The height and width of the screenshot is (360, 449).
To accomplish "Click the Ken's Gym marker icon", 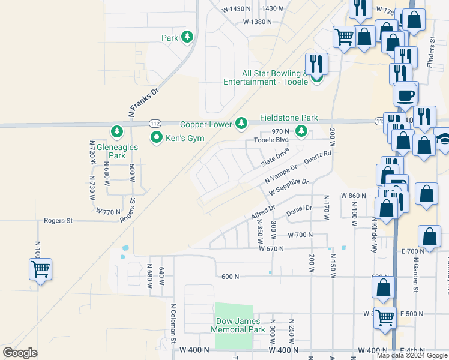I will pos(157,138).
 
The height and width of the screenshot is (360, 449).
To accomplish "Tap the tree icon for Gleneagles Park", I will pos(117,131).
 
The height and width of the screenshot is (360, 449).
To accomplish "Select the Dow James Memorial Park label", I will pos(239,326).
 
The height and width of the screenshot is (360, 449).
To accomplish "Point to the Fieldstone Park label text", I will pos(289,118).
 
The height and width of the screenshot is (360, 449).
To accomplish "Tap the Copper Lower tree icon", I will pos(241,124).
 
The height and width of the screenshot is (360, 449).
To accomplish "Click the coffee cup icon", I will pos(405,95).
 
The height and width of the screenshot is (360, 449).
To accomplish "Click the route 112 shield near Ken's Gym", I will pos(154,123).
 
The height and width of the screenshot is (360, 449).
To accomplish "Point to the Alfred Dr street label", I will pos(263,212).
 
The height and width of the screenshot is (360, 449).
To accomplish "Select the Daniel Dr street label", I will pos(299,210).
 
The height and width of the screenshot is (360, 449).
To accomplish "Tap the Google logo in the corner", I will pos(20,352).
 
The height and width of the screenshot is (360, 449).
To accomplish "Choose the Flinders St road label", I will pos(432,52).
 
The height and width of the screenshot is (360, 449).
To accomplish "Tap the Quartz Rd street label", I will pos(318,158).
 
